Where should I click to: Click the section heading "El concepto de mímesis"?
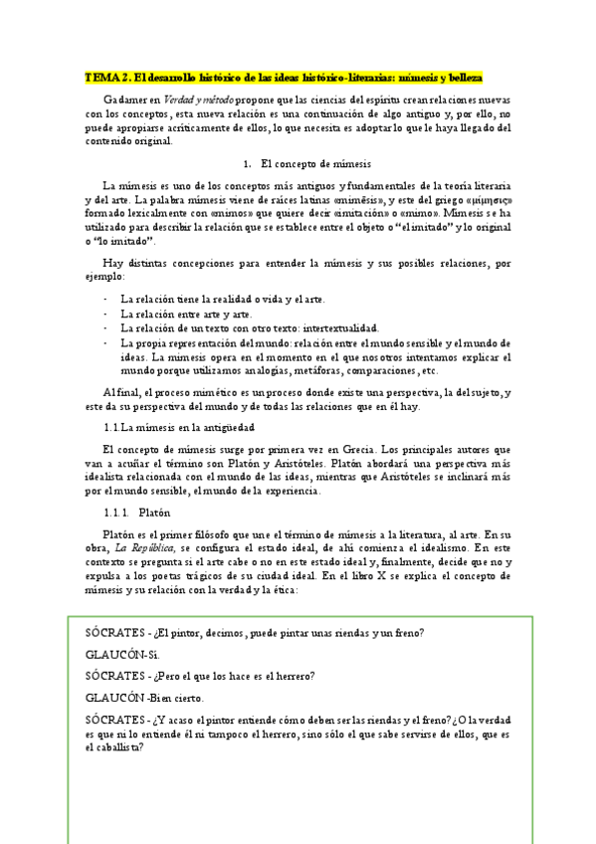coord(315,162)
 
